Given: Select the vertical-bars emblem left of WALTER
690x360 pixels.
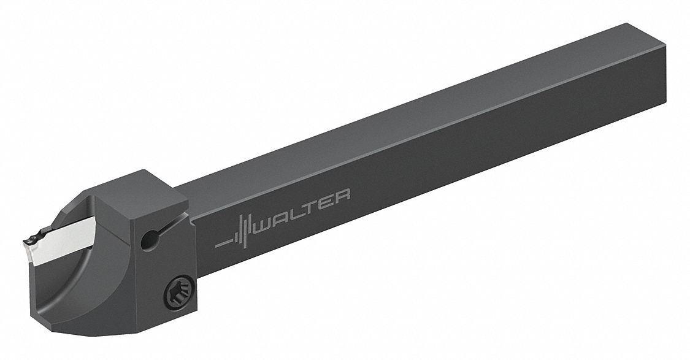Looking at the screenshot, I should [x=243, y=230].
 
